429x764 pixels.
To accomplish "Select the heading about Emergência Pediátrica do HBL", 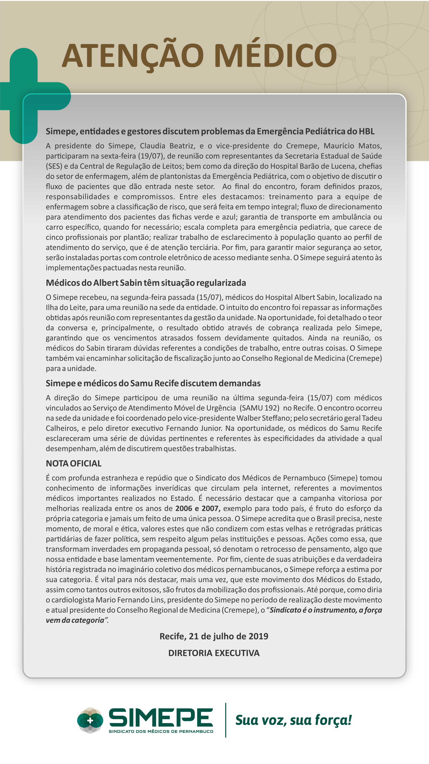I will point(210,131).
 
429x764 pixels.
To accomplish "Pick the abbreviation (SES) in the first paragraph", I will point(54,166).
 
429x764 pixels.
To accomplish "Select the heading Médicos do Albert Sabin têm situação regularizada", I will point(146,283).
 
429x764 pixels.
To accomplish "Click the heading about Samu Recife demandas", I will point(153,383).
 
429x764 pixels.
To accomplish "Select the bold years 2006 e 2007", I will point(198,508).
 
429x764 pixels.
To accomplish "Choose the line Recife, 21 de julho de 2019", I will point(214,636).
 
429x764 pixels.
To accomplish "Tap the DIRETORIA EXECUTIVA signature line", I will point(214,653).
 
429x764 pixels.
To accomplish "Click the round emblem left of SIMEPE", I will point(90,720).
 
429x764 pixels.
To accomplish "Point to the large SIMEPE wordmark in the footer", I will point(161,717).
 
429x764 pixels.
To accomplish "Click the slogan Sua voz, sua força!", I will point(293,720).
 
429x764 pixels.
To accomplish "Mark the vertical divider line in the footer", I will point(226,720).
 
